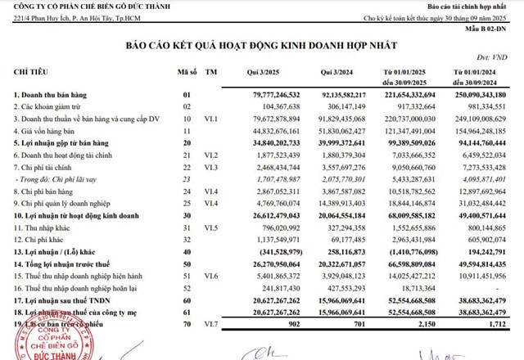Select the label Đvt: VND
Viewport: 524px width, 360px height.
coord(496,58)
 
